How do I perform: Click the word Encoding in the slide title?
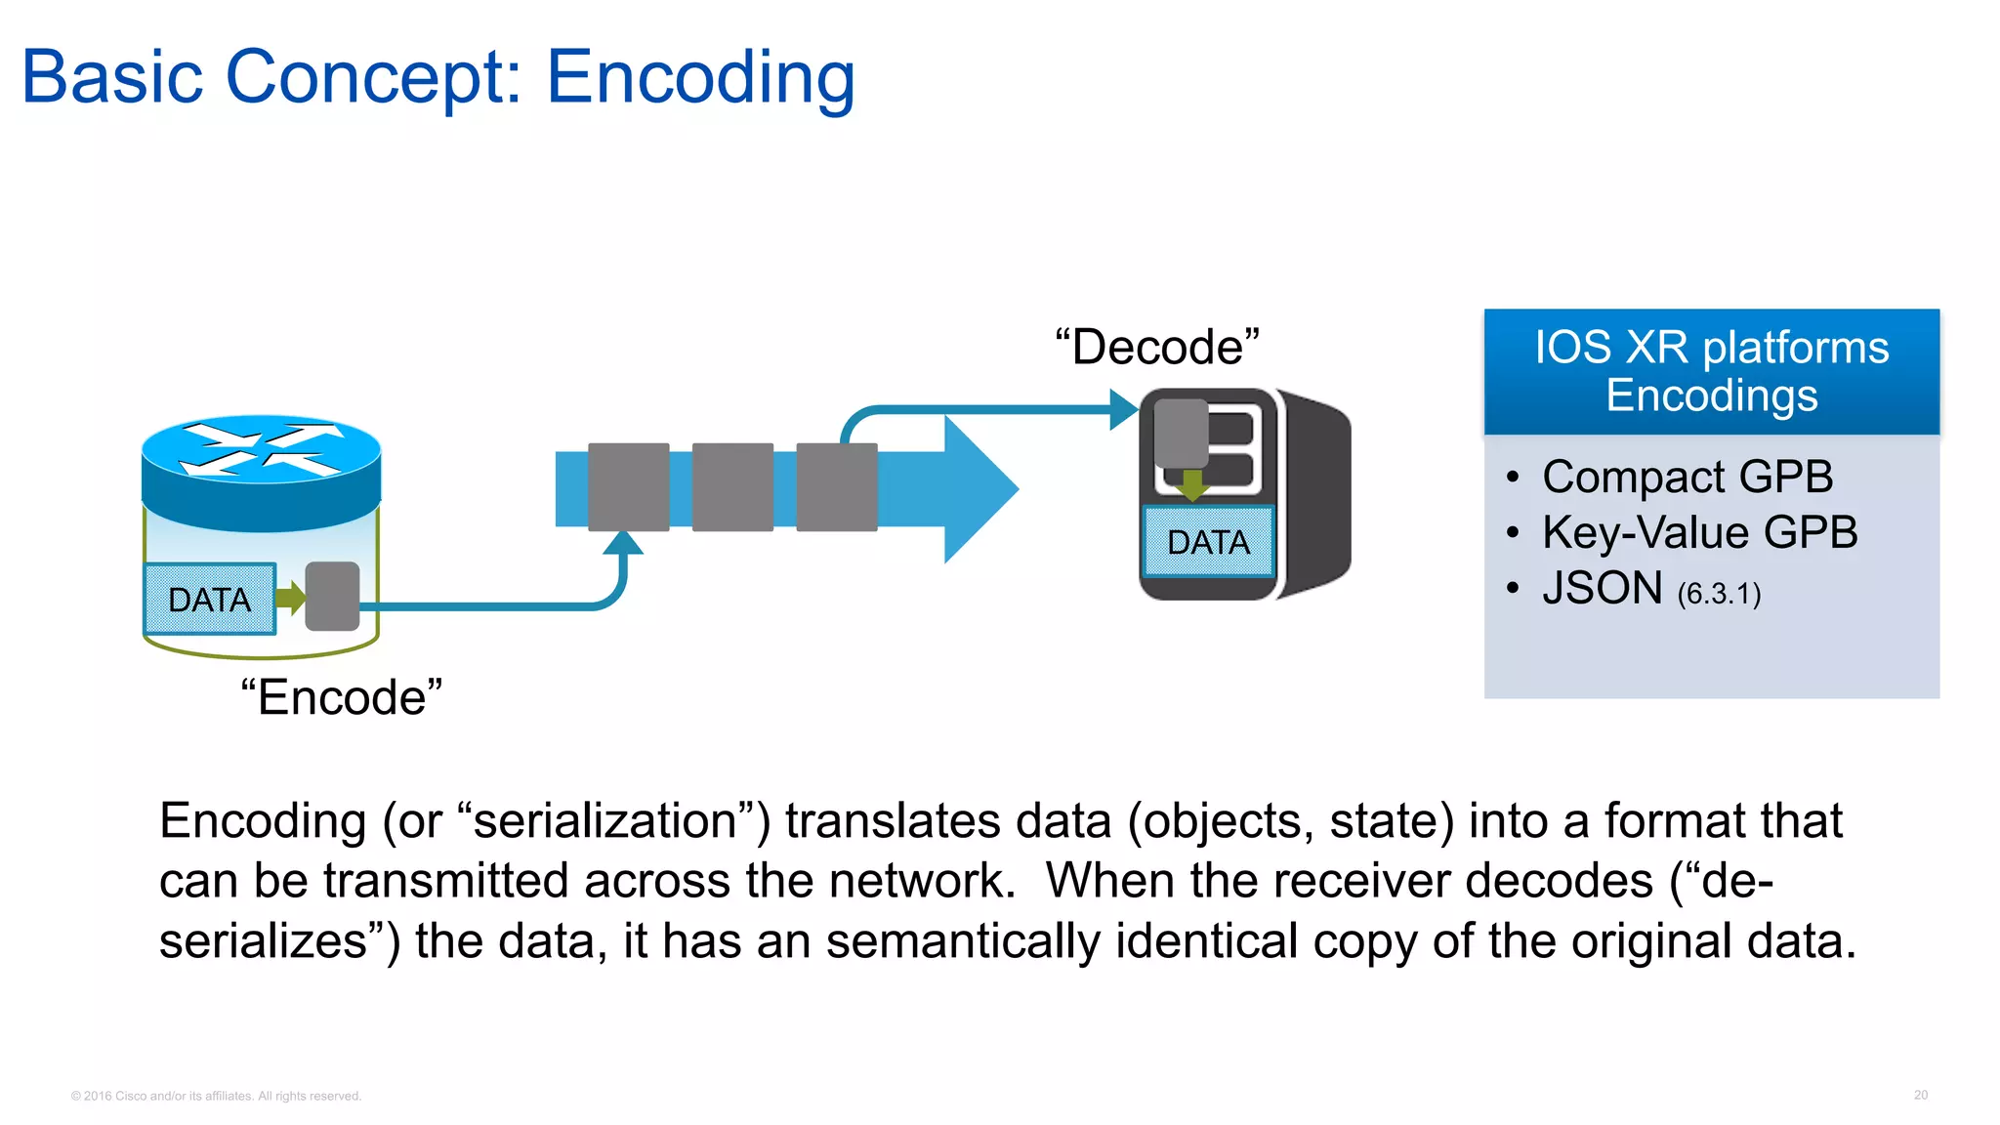[x=700, y=78]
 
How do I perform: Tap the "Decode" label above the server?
[x=1157, y=348]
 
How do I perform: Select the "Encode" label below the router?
[x=341, y=697]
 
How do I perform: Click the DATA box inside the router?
[x=210, y=599]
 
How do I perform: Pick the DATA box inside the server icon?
[x=1208, y=542]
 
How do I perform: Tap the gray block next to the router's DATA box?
[x=332, y=596]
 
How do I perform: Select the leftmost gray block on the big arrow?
[x=629, y=487]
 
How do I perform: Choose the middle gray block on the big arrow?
[x=732, y=487]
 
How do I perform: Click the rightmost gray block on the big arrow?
[x=837, y=487]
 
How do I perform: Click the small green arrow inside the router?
[x=290, y=597]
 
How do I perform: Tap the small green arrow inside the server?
[x=1191, y=483]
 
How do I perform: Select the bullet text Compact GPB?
[x=1687, y=477]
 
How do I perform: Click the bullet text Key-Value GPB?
[x=1699, y=532]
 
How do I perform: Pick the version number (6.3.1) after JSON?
[x=1719, y=594]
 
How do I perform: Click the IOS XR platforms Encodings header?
[x=1711, y=371]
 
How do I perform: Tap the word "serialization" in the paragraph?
[x=605, y=820]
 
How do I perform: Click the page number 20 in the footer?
[x=1920, y=1095]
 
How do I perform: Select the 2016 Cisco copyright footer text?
[x=216, y=1096]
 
